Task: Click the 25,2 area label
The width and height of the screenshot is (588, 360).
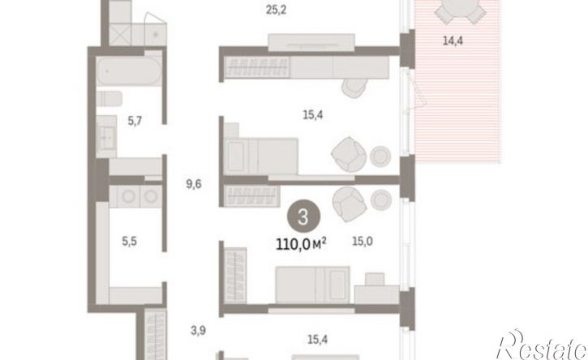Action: (x=276, y=10)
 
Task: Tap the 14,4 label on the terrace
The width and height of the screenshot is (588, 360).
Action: (x=453, y=41)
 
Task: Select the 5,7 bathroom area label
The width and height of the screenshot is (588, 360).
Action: (x=135, y=121)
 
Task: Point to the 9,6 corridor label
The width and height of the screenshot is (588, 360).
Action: (x=194, y=184)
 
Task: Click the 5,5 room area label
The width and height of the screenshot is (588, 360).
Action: (x=130, y=242)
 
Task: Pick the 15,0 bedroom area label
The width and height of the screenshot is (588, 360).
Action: (x=363, y=242)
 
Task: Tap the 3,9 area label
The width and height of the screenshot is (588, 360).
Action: (x=198, y=330)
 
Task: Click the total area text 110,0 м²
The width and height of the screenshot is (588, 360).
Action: (x=301, y=245)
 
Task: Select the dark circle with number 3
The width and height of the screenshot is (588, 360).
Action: (x=303, y=217)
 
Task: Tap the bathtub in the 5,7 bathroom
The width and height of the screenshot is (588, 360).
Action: (x=130, y=71)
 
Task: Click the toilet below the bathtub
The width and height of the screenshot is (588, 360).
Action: (x=109, y=99)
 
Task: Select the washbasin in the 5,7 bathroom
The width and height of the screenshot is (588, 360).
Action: (x=106, y=136)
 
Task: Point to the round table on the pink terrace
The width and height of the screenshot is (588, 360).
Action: (x=460, y=8)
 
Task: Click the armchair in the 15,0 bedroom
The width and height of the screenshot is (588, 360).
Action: (x=349, y=204)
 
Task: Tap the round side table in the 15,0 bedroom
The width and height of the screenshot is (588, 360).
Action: (x=381, y=199)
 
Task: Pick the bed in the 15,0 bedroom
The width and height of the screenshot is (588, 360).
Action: (x=312, y=285)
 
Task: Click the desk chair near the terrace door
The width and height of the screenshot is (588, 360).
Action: (x=354, y=88)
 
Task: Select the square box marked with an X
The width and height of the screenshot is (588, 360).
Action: (x=119, y=35)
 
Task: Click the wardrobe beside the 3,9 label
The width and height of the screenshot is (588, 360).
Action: (x=156, y=334)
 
